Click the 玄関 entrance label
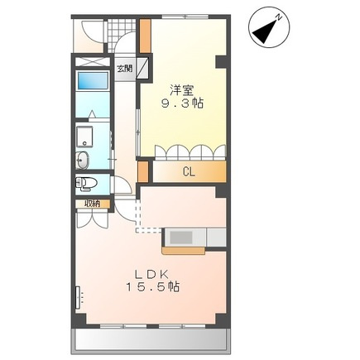125,68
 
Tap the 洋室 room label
182,90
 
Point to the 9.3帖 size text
182,103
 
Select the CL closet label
189,172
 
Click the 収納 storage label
93,204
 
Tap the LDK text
151,274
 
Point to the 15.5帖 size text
153,287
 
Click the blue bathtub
93,80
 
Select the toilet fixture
86,184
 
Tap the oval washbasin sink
82,161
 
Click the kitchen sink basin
181,238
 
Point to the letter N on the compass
279,18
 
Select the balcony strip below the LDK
151,339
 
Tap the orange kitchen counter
184,250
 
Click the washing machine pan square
84,137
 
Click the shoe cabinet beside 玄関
143,68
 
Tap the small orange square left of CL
143,172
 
